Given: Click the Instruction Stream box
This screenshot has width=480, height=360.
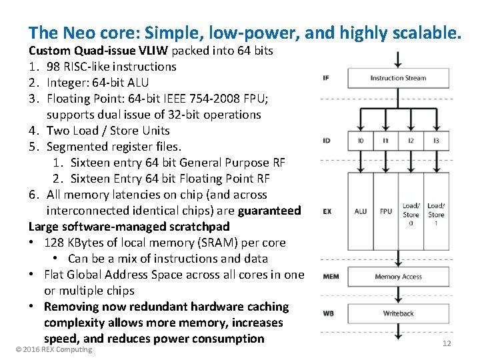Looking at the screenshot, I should pyautogui.click(x=398, y=78).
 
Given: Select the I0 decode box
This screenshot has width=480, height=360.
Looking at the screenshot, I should pyautogui.click(x=361, y=141).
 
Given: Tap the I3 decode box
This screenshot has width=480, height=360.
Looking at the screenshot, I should pyautogui.click(x=435, y=141).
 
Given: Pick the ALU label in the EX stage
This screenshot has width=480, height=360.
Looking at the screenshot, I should pyautogui.click(x=361, y=211).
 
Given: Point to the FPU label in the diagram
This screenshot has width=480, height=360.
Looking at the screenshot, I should pyautogui.click(x=386, y=211).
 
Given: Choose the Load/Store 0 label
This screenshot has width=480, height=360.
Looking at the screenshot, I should pyautogui.click(x=411, y=214).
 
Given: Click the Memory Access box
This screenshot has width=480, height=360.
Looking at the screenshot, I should pyautogui.click(x=398, y=277).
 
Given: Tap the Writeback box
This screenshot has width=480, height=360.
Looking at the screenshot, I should pyautogui.click(x=398, y=313).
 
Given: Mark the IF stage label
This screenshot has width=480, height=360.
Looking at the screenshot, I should pyautogui.click(x=325, y=78).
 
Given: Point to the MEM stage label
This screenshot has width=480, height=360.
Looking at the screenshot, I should pyautogui.click(x=330, y=277).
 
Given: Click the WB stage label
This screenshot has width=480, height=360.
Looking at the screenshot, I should pyautogui.click(x=328, y=313).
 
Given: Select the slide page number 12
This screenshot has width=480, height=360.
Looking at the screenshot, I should pyautogui.click(x=447, y=343).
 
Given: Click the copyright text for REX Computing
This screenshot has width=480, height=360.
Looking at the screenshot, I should pyautogui.click(x=54, y=349).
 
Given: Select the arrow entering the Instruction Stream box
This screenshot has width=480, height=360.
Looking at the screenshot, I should pyautogui.click(x=398, y=59).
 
